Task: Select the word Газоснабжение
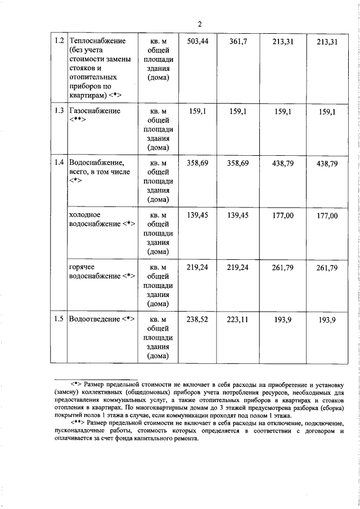94,111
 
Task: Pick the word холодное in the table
84,215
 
